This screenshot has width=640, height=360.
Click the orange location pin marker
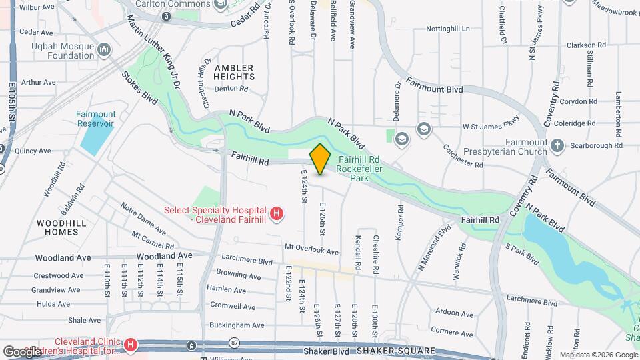321,159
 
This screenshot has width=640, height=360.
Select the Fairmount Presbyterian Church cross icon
558,145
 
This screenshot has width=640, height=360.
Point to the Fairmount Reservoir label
95,119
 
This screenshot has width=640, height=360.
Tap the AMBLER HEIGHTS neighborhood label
234,73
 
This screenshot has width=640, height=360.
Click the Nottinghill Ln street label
448,29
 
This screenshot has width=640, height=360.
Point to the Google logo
22,351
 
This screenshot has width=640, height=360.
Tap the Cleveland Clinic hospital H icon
131,345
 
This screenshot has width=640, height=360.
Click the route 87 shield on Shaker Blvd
234,342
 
